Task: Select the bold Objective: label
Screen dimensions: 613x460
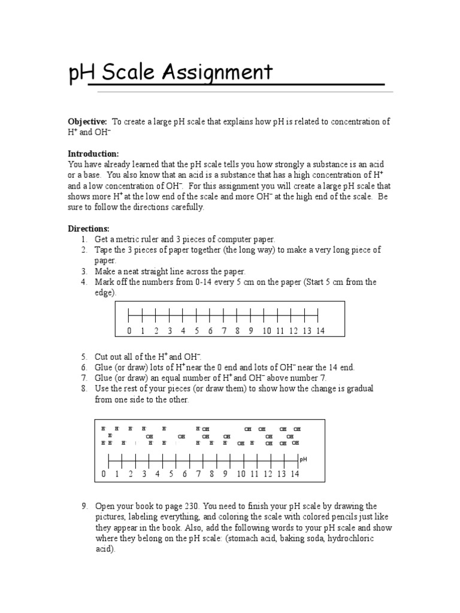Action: click(x=87, y=122)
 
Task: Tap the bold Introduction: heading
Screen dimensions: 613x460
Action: click(x=93, y=153)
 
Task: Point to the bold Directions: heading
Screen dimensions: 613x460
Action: click(x=89, y=229)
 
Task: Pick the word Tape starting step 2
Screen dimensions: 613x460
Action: click(x=104, y=250)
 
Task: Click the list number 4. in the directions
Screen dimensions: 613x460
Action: click(x=84, y=282)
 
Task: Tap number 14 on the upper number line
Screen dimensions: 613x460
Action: click(x=320, y=331)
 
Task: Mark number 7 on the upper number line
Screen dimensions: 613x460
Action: click(x=224, y=331)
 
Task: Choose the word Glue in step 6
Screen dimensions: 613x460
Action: click(x=104, y=367)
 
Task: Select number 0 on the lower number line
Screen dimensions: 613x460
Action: click(x=103, y=474)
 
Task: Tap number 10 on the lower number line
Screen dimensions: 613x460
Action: click(x=241, y=474)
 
